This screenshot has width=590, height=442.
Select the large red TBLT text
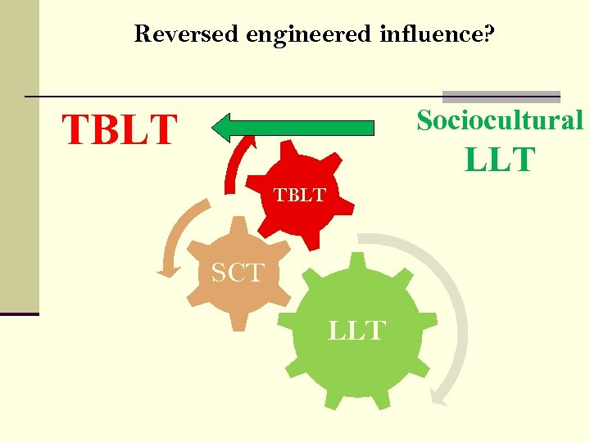pos(120,130)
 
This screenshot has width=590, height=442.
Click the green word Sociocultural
pos(500,120)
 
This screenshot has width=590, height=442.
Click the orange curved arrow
pos(174,237)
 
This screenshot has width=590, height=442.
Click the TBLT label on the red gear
pos(299,196)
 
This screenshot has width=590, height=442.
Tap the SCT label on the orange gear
pos(238,273)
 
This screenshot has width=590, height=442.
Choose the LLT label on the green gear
pos(356,331)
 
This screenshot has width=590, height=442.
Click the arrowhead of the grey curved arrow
pos(440,398)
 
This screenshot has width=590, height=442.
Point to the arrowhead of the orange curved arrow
pos(167,269)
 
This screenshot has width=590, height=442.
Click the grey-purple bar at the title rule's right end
pos(501,96)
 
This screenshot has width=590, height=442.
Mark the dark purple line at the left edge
pos(19,313)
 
